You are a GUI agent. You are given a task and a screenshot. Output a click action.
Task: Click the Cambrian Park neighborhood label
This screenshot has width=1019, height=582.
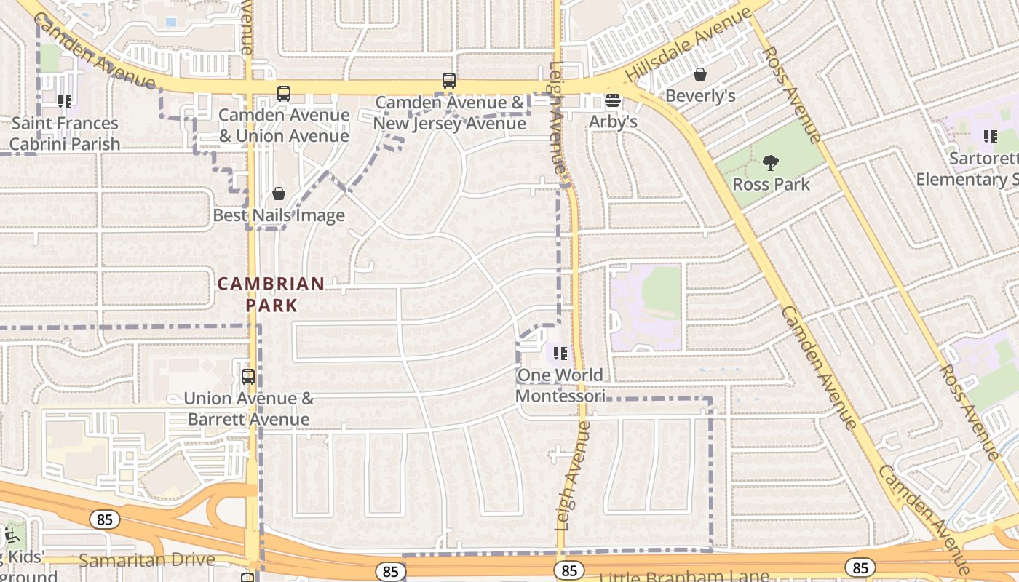tap(271, 294)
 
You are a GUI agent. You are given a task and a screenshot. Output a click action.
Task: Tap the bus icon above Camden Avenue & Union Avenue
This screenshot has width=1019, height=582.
tap(283, 94)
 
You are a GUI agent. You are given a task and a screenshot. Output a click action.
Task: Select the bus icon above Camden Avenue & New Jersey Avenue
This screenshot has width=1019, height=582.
tap(449, 81)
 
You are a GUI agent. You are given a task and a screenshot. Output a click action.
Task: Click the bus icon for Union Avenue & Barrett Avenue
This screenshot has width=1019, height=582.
tap(248, 377)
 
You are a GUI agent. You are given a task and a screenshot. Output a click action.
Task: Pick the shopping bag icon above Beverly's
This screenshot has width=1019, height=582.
tap(700, 74)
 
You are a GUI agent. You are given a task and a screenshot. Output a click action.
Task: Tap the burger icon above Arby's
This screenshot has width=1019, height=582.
tap(613, 100)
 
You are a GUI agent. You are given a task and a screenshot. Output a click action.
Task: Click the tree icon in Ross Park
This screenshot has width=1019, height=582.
tap(771, 163)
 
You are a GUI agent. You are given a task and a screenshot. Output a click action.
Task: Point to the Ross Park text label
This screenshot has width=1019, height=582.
tap(771, 184)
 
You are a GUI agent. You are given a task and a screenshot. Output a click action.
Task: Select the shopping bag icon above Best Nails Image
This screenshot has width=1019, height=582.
tap(278, 194)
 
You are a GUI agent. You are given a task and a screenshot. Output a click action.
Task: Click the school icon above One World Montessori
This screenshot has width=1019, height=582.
tap(560, 354)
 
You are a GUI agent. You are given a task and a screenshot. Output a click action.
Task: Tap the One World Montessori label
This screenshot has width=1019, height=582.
tap(560, 386)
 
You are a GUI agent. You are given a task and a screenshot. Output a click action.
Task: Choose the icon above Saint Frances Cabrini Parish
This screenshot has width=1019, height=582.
tap(65, 102)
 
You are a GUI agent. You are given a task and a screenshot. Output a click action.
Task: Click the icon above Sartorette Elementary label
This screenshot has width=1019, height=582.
tap(990, 136)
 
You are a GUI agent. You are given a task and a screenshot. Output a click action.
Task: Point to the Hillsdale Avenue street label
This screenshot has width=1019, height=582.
tap(688, 45)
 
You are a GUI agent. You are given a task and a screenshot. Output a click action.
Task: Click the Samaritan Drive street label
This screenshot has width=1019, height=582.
tap(147, 559)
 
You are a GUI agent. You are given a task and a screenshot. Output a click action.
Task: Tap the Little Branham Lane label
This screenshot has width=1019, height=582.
tap(683, 576)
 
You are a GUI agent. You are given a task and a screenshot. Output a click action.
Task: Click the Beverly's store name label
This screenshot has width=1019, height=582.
tap(700, 96)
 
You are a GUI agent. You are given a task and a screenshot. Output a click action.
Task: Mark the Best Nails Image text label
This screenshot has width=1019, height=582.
tap(279, 215)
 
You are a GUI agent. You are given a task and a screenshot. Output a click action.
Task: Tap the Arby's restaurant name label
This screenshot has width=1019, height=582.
tap(613, 121)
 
